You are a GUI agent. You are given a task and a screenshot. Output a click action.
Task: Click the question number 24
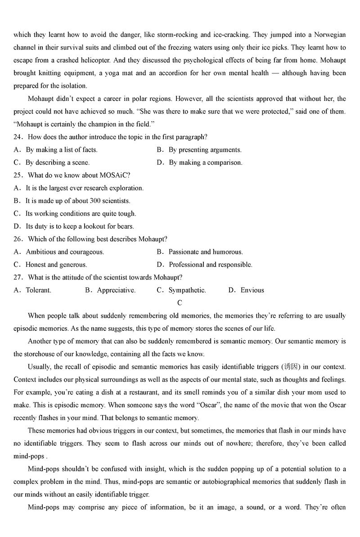tap(18, 137)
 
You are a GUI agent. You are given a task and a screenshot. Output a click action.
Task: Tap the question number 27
tap(18, 277)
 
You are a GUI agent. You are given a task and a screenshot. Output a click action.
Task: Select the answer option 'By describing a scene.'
tap(57, 162)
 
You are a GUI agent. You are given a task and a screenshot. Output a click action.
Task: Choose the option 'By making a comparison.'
tap(205, 162)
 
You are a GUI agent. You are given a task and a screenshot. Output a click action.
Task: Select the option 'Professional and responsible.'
tap(210, 265)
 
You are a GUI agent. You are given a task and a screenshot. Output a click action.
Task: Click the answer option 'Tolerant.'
tap(38, 290)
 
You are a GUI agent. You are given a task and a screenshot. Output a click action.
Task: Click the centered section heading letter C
tap(180, 303)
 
